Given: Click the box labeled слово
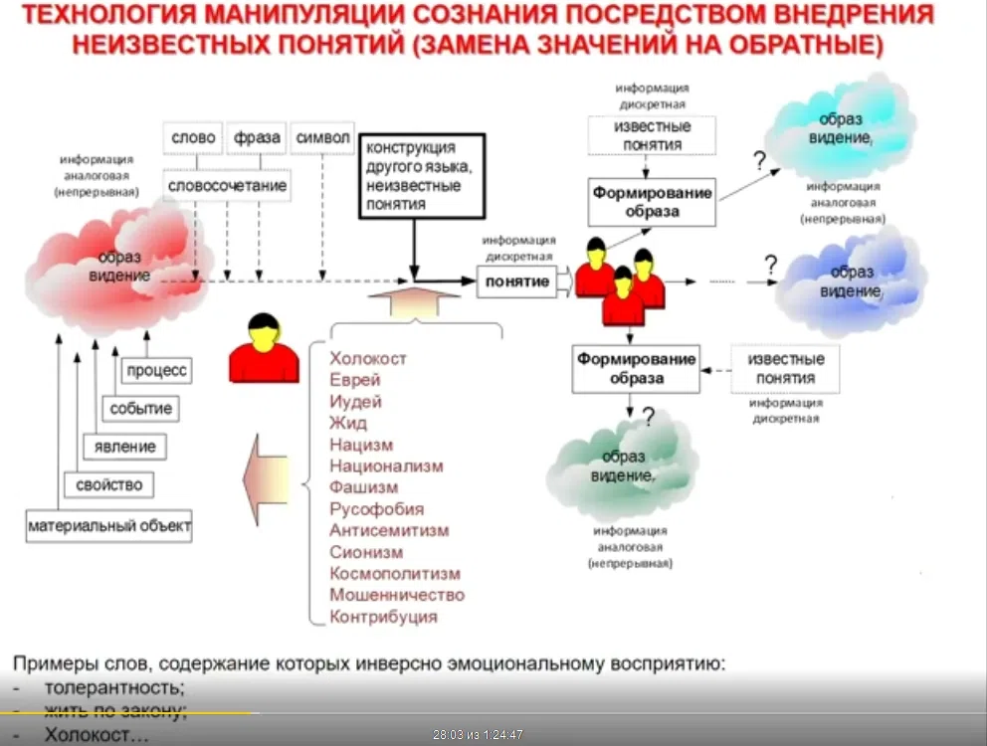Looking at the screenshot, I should click(x=193, y=138).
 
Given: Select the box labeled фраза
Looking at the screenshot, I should click(x=258, y=138).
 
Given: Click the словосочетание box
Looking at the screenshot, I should click(x=228, y=185).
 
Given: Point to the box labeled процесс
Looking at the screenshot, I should click(x=156, y=370).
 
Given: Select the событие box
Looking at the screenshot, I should click(x=140, y=408).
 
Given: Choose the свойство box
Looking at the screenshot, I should click(x=109, y=485).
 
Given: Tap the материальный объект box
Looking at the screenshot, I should click(x=109, y=524).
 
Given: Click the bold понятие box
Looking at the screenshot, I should click(x=516, y=281).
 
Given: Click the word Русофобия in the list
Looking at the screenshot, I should click(x=377, y=508).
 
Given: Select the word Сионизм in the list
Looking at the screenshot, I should click(x=366, y=552).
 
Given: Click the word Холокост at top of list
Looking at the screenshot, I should click(x=368, y=358).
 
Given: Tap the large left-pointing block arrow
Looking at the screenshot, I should click(x=267, y=478).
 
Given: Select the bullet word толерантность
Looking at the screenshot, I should click(x=114, y=687).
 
